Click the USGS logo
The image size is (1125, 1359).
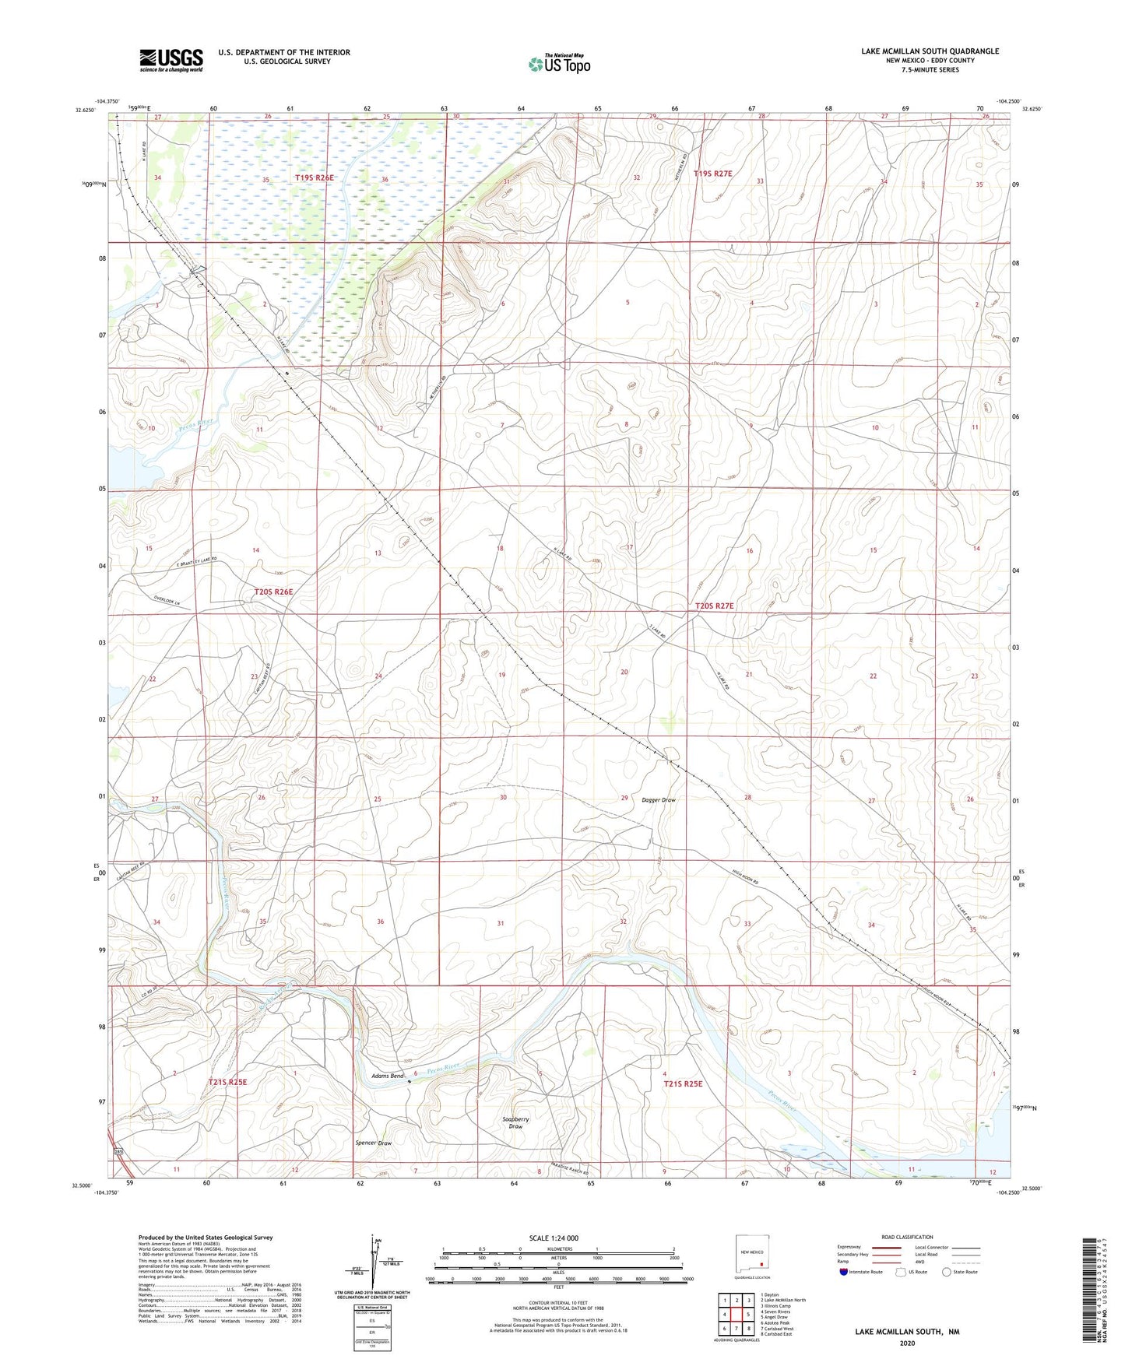171,60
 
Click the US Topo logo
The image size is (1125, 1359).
559,64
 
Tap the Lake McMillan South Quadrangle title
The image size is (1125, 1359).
930,51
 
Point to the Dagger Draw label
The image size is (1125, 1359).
659,800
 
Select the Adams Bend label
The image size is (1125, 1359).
387,1076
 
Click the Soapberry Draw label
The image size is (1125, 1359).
515,1122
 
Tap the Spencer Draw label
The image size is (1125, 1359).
373,1143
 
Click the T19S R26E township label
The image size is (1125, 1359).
314,178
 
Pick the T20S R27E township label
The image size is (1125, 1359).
714,606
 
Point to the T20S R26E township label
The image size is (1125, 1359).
273,592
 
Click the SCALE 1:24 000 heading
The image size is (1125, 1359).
558,1238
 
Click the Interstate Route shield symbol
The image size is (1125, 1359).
844,1272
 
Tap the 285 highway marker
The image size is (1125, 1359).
118,1151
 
